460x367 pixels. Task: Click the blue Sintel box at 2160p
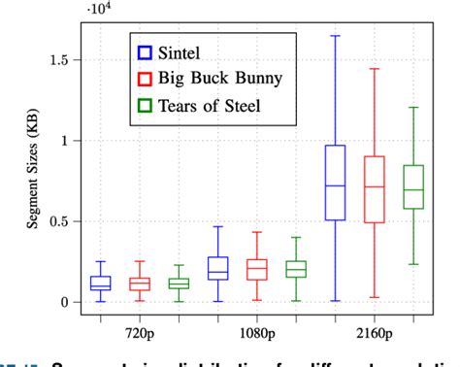(335, 183)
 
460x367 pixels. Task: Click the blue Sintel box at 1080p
(217, 268)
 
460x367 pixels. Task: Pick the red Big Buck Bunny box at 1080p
(256, 269)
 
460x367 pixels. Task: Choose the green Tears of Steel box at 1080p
(296, 269)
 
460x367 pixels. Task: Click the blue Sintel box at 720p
(100, 283)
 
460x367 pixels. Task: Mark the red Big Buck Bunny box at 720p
(140, 284)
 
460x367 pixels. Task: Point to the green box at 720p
(179, 284)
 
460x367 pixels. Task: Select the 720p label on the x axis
(139, 330)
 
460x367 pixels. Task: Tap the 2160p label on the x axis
(375, 330)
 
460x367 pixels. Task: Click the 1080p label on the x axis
(256, 330)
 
